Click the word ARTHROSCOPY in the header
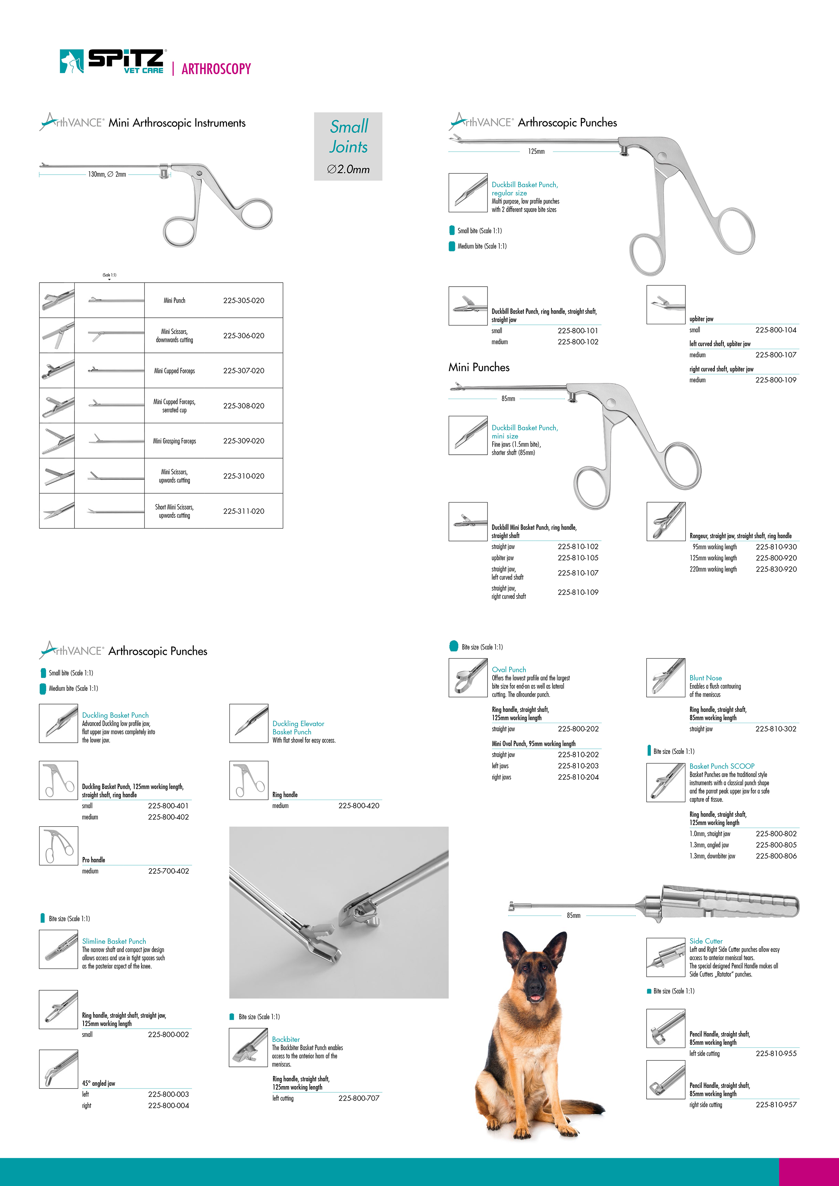[x=216, y=69]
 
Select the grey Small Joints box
[x=348, y=146]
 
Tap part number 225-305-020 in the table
[x=243, y=300]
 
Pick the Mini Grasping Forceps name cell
[x=175, y=441]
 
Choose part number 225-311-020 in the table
[x=243, y=511]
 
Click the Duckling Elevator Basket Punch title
[x=298, y=728]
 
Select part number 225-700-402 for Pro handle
[x=168, y=871]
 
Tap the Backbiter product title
[x=286, y=1039]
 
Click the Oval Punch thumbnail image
[x=468, y=677]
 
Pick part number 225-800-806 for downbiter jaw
[x=776, y=856]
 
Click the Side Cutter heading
[x=706, y=941]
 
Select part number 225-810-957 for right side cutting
[x=776, y=1104]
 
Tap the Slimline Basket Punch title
[x=114, y=941]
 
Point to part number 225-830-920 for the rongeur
[x=776, y=569]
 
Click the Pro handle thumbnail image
[x=59, y=846]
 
